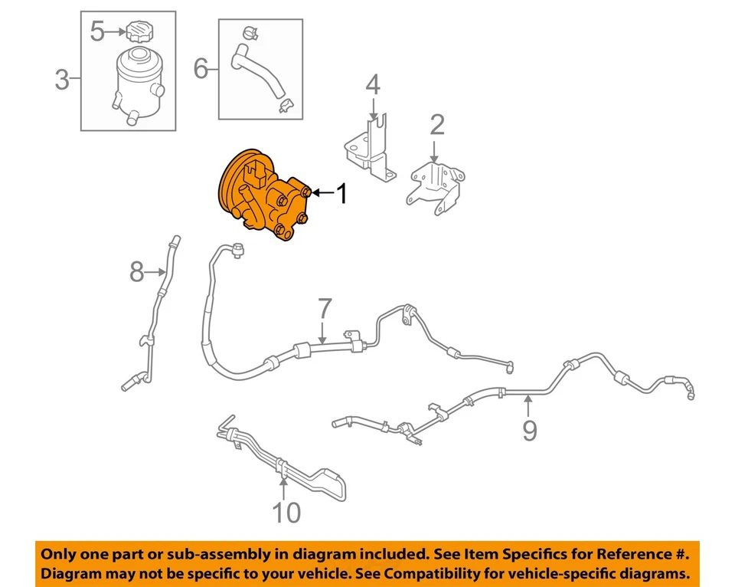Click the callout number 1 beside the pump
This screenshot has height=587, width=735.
tap(341, 194)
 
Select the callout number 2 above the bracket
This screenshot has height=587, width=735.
tap(436, 125)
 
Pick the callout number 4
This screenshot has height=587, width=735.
tap(372, 85)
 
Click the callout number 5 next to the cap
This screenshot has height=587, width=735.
tap(97, 31)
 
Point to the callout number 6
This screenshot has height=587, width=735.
tap(201, 71)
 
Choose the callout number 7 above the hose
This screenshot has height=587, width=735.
tap(325, 310)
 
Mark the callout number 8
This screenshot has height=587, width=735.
tap(136, 271)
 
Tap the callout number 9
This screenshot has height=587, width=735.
tap(530, 430)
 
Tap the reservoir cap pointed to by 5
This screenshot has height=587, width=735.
tap(140, 32)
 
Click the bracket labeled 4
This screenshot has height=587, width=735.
tap(369, 149)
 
